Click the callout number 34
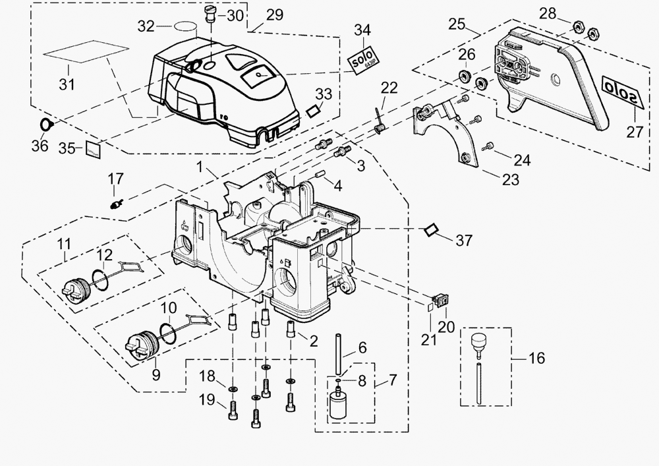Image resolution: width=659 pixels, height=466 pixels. coord(362,30)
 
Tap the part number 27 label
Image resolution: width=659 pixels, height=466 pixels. coord(635,131)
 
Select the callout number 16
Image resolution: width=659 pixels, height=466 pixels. coord(537,358)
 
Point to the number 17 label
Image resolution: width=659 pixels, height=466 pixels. coord(115,179)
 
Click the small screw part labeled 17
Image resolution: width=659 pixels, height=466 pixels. coord(116,203)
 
